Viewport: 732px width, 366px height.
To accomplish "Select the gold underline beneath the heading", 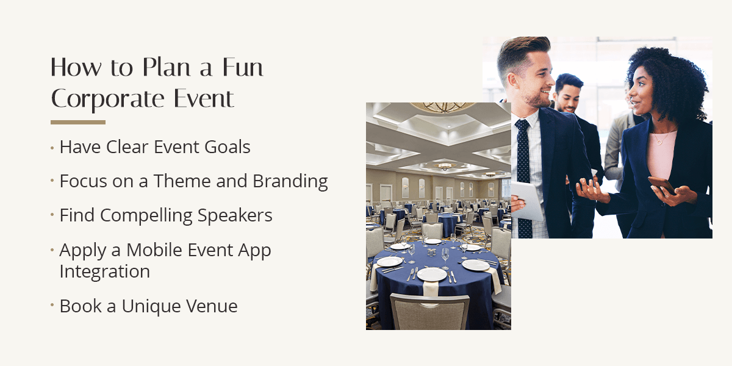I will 78,123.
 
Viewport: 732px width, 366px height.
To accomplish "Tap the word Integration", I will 104,271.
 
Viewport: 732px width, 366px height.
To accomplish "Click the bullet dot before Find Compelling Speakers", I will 52,216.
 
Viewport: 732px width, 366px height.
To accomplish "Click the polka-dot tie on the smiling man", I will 523,177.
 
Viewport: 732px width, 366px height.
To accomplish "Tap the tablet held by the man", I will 526,201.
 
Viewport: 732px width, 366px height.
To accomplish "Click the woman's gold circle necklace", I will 659,142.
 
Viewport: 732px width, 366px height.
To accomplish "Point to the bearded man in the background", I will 569,95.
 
